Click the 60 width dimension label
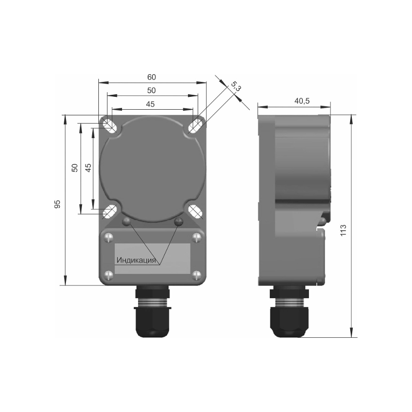(x=151, y=77)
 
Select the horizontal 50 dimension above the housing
(x=151, y=91)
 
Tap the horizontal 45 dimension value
(x=150, y=104)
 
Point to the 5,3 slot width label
(x=236, y=87)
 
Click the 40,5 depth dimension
(x=302, y=100)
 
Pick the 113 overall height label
(x=344, y=230)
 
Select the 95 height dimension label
(x=57, y=204)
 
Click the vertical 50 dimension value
(x=75, y=168)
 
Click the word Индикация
(x=136, y=260)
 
